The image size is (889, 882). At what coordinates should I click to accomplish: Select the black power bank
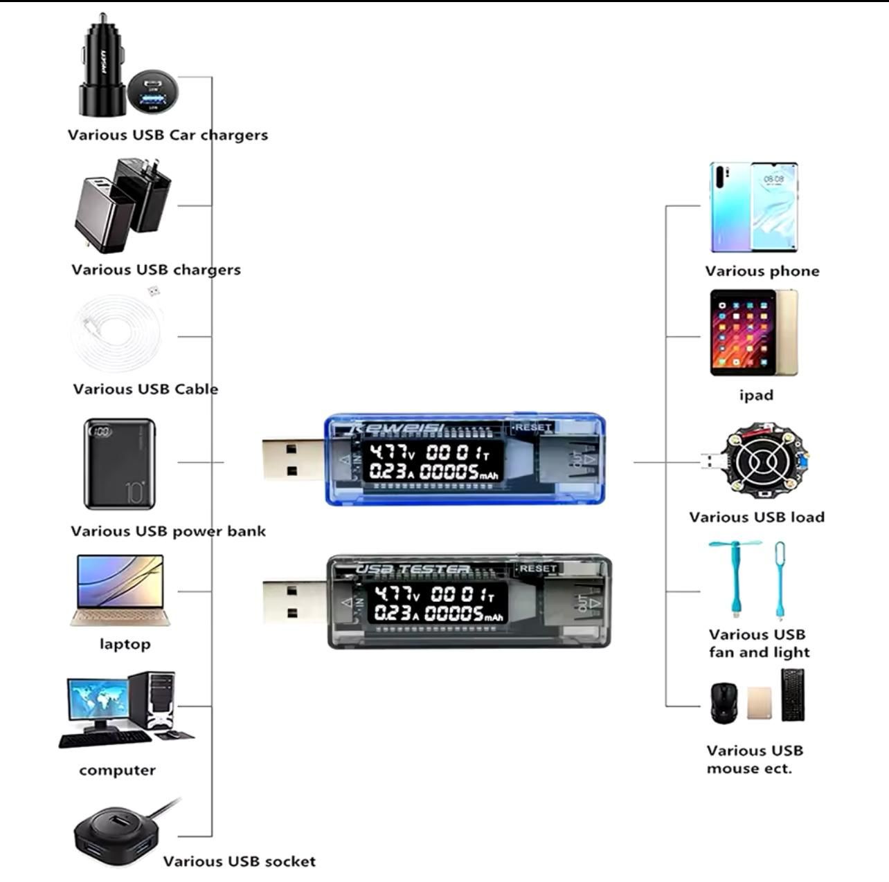coord(119,463)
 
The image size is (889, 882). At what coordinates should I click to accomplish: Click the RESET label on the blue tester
coord(532,428)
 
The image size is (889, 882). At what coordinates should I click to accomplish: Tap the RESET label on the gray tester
coord(538,568)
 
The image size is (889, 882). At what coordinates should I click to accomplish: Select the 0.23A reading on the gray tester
coord(397,613)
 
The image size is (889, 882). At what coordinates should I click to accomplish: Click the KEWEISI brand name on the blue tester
coord(397,428)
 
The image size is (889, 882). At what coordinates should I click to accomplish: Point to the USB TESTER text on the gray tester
coord(413,569)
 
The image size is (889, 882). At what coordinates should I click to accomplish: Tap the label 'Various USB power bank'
coord(168,531)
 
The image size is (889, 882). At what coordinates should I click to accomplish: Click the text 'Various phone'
coord(762,271)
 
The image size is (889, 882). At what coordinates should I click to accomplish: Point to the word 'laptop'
coord(125,644)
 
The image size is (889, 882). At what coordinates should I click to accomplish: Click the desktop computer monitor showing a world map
coord(98,700)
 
